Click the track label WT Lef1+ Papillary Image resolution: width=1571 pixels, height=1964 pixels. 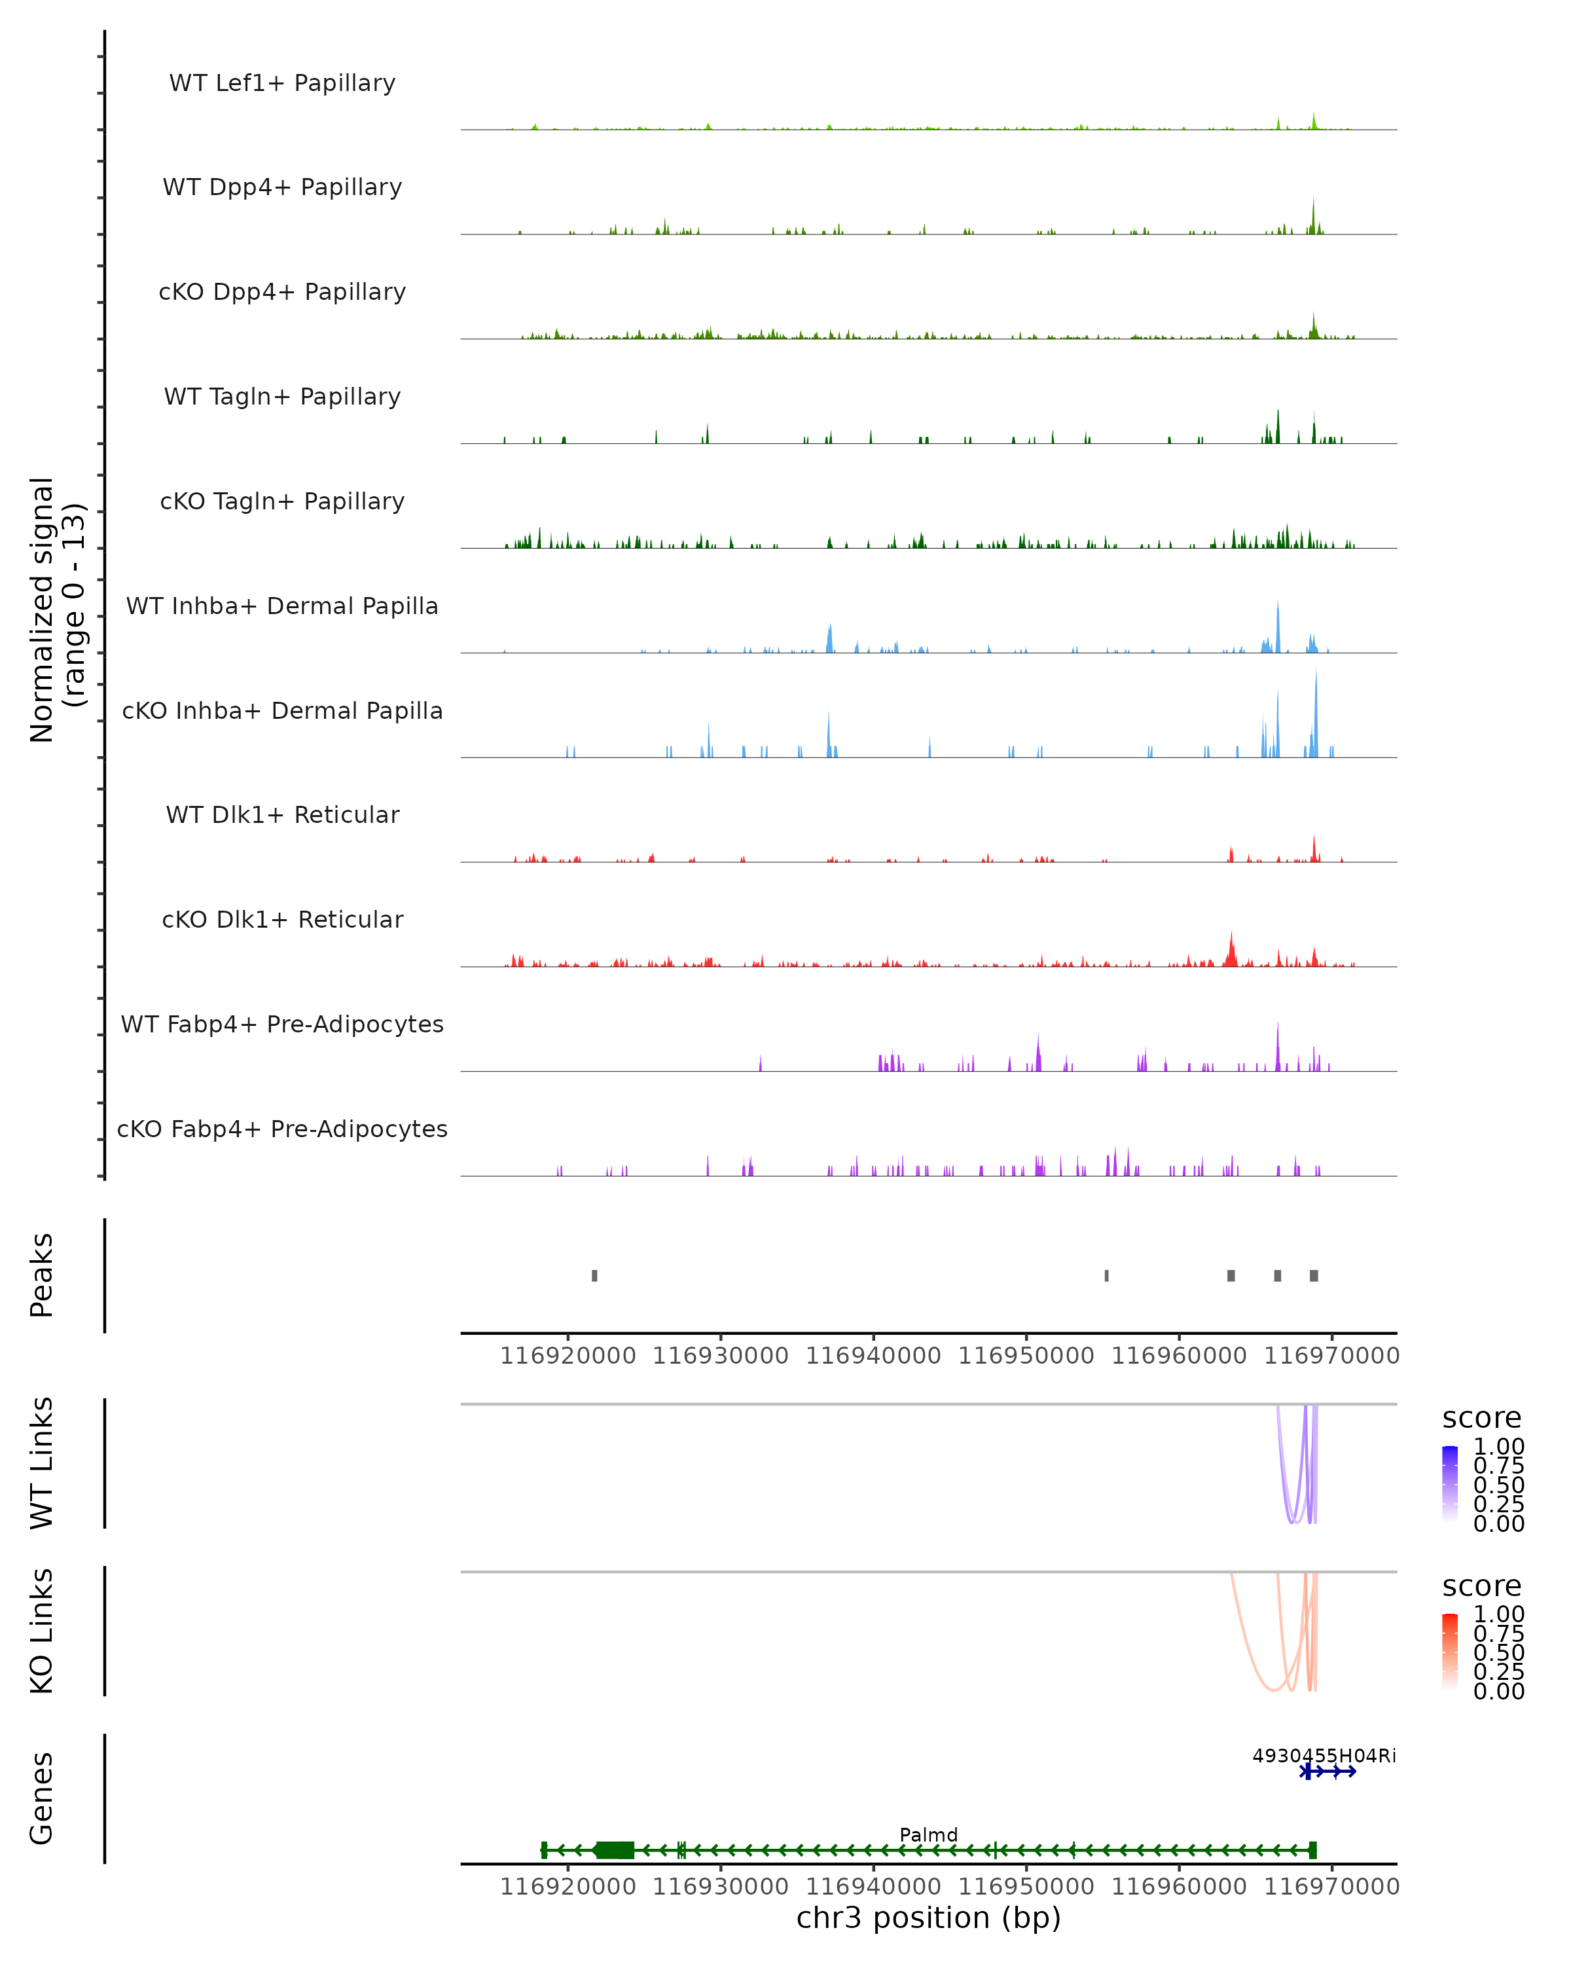tap(282, 83)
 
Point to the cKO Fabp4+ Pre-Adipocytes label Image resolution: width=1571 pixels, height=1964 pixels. tap(282, 1129)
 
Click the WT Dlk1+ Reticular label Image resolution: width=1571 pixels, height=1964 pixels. tap(282, 814)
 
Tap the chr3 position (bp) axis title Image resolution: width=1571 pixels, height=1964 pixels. tap(928, 1918)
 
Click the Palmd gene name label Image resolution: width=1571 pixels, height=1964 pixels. tap(928, 1834)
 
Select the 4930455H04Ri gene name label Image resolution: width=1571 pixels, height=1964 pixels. tap(1324, 1755)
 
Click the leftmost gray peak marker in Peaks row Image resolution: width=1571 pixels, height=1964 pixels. tap(595, 1275)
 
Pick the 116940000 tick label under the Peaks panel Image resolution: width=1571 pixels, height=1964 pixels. tap(873, 1356)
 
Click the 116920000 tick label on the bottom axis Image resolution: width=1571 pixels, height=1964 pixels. tap(568, 1885)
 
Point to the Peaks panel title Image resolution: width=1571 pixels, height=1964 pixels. tap(42, 1275)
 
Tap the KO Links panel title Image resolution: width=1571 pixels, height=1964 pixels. tap(42, 1631)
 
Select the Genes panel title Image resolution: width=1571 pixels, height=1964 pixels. tap(42, 1798)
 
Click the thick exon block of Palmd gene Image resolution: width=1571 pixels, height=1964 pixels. tap(615, 1850)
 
